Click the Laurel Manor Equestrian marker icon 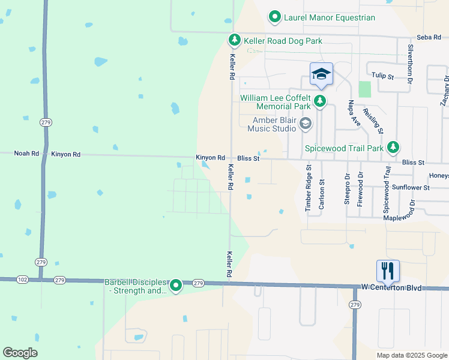275,17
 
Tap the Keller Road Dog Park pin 235,40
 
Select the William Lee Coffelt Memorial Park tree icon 320,100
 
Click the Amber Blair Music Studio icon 305,124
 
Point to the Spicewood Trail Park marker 393,147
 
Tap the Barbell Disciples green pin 175,286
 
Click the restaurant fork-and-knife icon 388,271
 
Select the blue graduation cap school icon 321,74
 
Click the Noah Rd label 26,154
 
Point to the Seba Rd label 429,37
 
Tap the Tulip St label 382,77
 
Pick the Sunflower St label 411,188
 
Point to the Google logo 20,353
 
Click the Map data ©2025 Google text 411,355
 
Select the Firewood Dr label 360,189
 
